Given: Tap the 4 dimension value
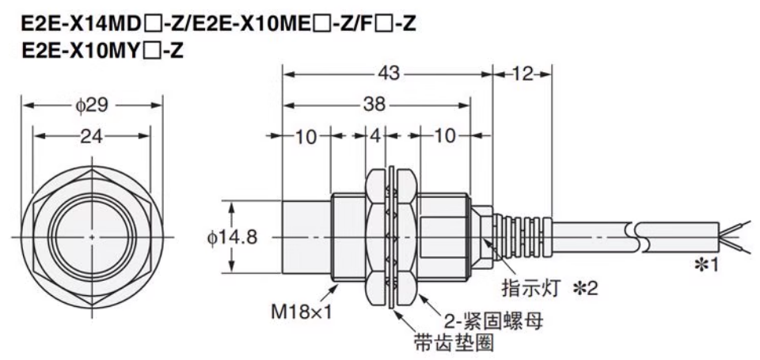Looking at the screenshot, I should [375, 136].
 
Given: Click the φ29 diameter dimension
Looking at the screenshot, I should [92, 105].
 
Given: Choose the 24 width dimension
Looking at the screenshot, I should [92, 136].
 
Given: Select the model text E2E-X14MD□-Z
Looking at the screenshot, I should [97, 24].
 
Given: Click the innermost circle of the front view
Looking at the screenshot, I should [93, 237].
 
